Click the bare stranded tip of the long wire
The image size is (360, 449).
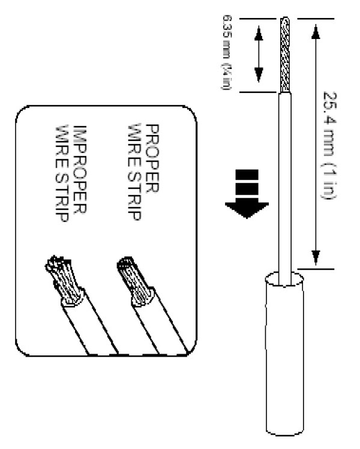[286, 54]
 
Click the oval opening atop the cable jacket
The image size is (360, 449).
[281, 278]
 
